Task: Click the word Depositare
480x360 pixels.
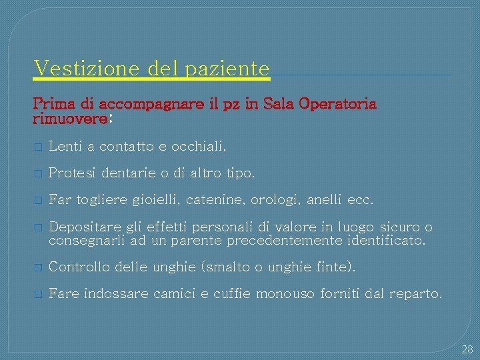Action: pos(82,228)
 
